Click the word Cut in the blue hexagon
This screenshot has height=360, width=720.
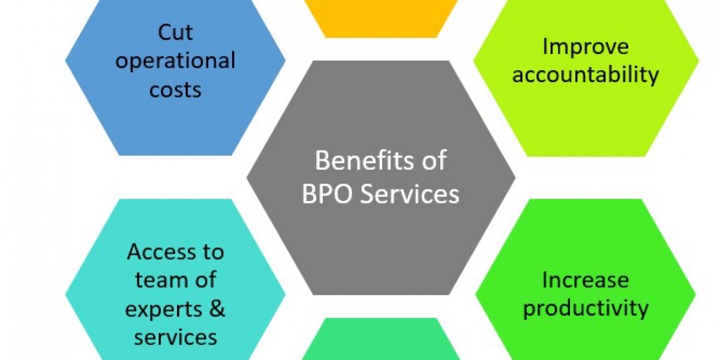coord(175,32)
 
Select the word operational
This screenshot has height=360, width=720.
coord(175,61)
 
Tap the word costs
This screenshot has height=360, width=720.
coord(175,89)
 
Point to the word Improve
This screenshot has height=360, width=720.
coord(586,47)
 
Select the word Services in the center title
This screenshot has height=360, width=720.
coord(409,194)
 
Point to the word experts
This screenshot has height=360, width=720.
coord(164,309)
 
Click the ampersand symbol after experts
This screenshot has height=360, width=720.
coord(217,308)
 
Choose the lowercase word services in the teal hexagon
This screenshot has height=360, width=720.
coord(175,337)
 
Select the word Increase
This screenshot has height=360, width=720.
coord(586,280)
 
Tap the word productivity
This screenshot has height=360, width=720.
coord(586,309)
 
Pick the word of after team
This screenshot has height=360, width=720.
coord(204,280)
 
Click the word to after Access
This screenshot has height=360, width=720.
coord(212,252)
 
